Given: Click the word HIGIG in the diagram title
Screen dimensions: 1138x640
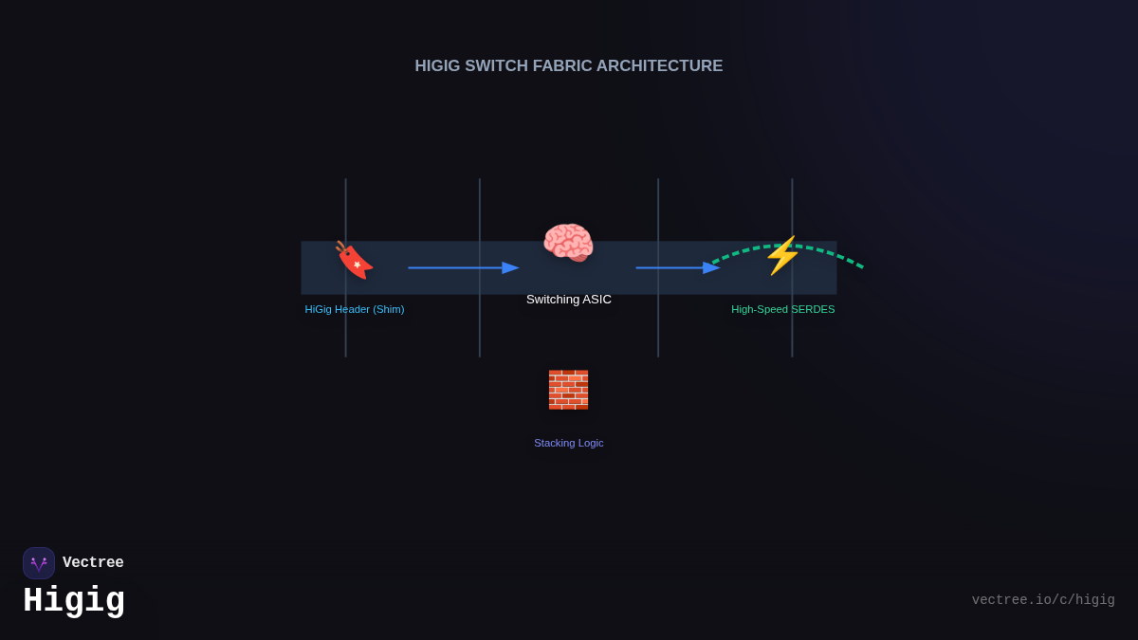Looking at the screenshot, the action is [x=437, y=66].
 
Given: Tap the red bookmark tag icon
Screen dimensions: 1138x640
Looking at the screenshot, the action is [x=354, y=260].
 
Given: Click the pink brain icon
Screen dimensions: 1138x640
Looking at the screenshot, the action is [x=568, y=243].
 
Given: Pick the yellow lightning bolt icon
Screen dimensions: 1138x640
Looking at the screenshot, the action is [x=783, y=255].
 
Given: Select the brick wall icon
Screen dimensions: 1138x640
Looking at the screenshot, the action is [x=568, y=390].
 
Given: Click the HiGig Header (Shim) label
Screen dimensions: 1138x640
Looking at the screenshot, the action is [x=355, y=309].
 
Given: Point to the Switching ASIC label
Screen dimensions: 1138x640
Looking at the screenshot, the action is [x=568, y=300].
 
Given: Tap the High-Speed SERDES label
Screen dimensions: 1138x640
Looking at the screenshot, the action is [x=783, y=309].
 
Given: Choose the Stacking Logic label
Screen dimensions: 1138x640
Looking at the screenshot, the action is [x=568, y=443].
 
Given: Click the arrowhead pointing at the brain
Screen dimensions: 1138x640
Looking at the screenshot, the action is [x=510, y=267].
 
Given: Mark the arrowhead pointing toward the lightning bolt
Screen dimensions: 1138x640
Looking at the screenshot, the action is [x=711, y=267].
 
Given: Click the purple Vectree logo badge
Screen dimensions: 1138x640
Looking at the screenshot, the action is [x=39, y=563].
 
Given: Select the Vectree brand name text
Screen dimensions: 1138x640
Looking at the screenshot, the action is [x=93, y=562].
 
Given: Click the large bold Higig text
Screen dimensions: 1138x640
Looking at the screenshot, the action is [x=74, y=600].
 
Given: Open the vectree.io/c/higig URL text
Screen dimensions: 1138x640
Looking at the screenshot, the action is [x=1043, y=600].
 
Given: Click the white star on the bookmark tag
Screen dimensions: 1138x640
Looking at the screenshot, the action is [x=358, y=265].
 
